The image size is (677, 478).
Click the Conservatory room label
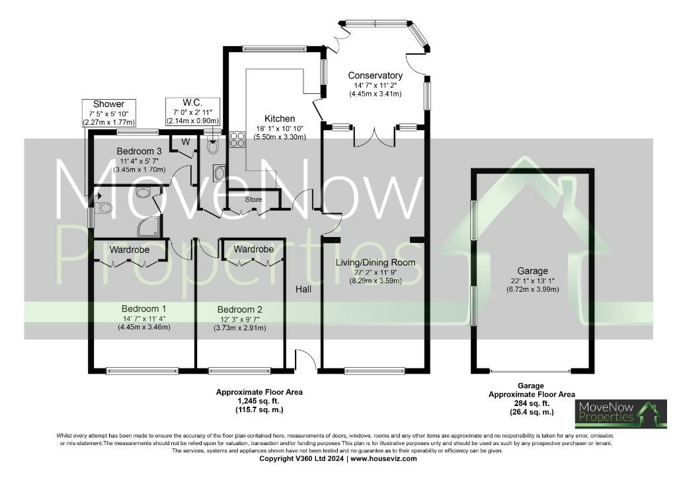click(x=375, y=75)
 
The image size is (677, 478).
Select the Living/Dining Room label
click(x=375, y=262)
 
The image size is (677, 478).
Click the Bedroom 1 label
click(x=143, y=308)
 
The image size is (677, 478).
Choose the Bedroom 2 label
click(x=241, y=309)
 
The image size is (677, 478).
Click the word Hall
click(x=303, y=289)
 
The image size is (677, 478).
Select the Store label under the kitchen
click(x=253, y=199)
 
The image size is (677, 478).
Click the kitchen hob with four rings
click(x=237, y=139)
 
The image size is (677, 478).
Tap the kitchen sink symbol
click(x=219, y=173)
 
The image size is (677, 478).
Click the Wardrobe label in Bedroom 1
click(x=129, y=250)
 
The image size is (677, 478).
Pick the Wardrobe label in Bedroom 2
click(x=253, y=250)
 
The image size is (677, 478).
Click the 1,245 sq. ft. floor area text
click(x=259, y=401)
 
